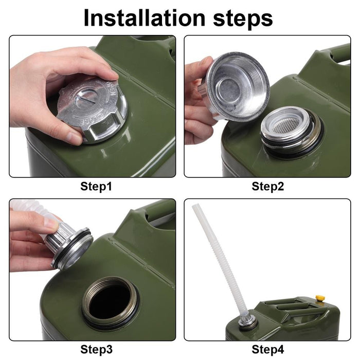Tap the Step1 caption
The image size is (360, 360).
(96, 186)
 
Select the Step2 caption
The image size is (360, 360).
(267, 186)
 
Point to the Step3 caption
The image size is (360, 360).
(96, 349)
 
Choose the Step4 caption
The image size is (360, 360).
(267, 349)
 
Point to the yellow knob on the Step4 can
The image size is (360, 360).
(320, 298)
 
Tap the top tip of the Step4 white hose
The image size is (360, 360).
(195, 207)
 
